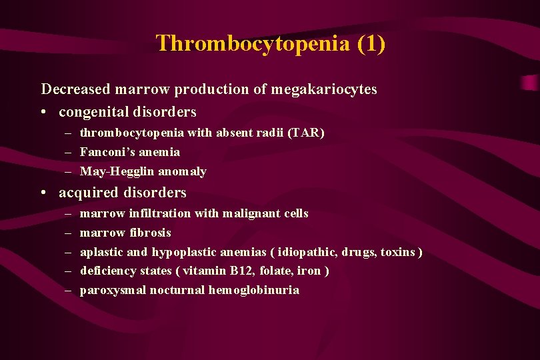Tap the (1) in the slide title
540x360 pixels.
click(x=371, y=44)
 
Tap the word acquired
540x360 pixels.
click(x=85, y=193)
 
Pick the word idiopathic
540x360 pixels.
click(x=308, y=252)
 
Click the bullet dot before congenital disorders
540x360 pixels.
click(x=43, y=112)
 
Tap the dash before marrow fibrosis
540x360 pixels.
click(x=69, y=233)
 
